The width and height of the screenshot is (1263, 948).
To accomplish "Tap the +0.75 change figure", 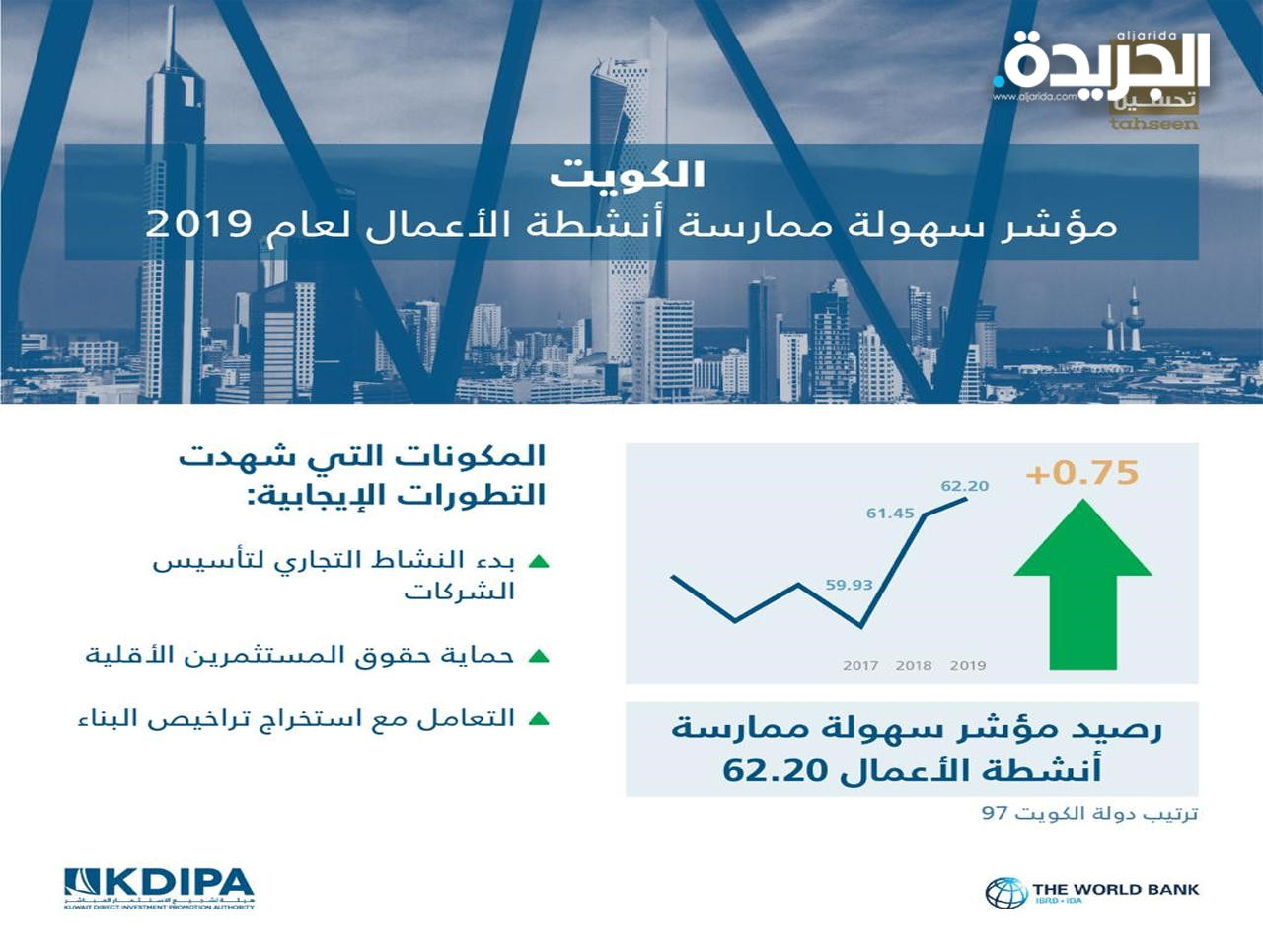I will tap(1082, 473).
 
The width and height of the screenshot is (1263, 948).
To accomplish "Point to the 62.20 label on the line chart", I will tap(964, 486).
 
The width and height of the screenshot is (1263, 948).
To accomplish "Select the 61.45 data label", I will tap(890, 513).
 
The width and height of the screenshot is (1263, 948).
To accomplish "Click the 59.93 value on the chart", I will tap(849, 585).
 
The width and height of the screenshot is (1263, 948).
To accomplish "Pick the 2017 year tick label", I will tap(860, 666).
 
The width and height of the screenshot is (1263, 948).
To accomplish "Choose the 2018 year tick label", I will tap(914, 666).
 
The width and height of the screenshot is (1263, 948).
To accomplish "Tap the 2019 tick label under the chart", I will tap(968, 666).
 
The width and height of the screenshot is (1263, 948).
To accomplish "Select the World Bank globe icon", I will tap(1005, 892).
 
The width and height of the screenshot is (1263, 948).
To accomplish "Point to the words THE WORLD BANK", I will tap(1115, 889).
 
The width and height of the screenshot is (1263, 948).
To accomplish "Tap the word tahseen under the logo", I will tap(1153, 124).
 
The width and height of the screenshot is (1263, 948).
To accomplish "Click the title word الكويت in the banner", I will tap(628, 175).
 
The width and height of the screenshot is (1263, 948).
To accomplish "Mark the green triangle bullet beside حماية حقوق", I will tap(539, 656).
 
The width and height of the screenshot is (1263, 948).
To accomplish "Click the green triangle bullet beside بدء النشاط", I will tap(539, 562).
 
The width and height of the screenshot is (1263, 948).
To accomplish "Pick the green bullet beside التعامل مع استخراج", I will tap(539, 719).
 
